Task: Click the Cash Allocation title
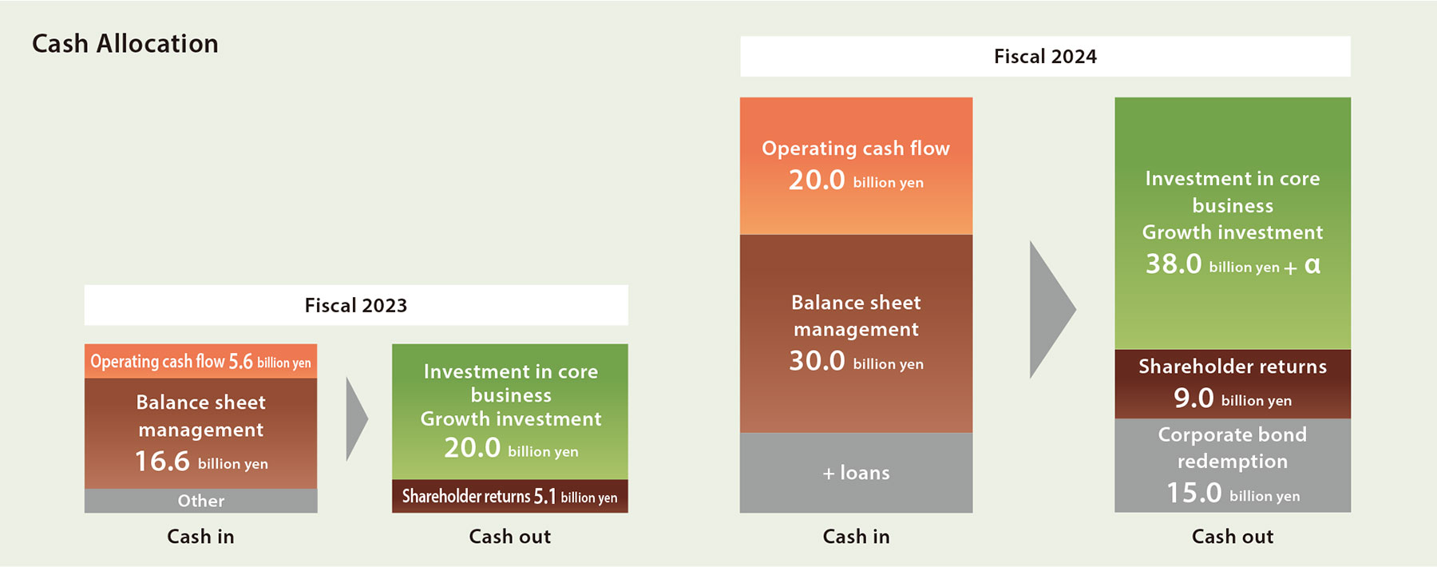(125, 43)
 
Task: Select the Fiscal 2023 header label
(356, 305)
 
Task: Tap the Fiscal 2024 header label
(1045, 56)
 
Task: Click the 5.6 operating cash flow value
(240, 362)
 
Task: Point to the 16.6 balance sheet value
(162, 462)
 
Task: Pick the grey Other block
(201, 501)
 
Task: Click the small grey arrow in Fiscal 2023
(357, 419)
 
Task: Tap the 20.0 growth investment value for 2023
(472, 448)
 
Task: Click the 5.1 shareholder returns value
(544, 497)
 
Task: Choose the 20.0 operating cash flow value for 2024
(817, 180)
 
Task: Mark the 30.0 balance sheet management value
(817, 361)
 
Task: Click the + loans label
(856, 473)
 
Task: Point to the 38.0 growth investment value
(1174, 264)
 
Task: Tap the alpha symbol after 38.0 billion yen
(1312, 265)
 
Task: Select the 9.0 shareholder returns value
(1194, 398)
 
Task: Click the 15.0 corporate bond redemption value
(1194, 493)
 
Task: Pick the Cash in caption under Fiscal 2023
(200, 537)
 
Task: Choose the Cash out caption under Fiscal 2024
(1233, 537)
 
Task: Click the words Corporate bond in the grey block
(1233, 434)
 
